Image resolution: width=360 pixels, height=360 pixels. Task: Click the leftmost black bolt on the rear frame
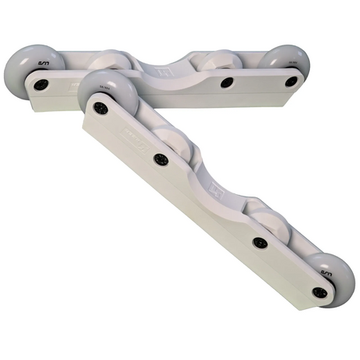41,84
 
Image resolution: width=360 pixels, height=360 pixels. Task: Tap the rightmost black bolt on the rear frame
290,81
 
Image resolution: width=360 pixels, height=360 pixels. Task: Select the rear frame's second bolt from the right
226,81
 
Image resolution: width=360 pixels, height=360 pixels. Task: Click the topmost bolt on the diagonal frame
100,108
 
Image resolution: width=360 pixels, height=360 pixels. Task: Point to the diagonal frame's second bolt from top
161,159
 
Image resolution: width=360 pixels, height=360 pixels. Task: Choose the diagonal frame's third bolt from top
259,243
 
